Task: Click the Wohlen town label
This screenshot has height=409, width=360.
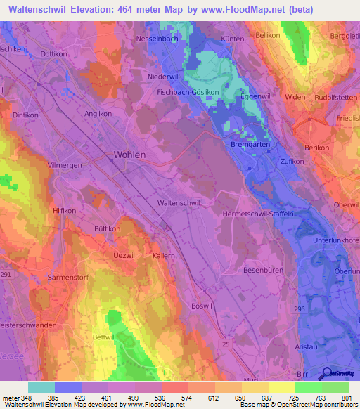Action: (x=129, y=155)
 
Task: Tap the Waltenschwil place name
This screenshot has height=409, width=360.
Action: (x=179, y=202)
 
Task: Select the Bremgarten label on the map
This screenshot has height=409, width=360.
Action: (x=250, y=145)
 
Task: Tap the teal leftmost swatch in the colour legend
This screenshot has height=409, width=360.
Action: (x=41, y=387)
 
